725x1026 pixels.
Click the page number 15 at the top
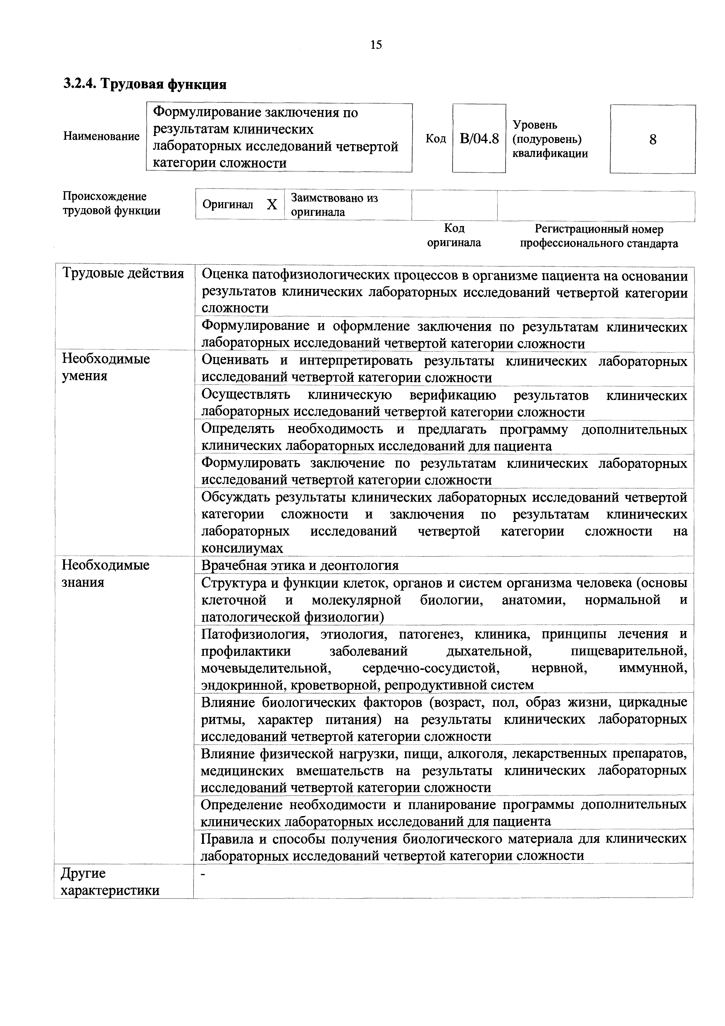376,45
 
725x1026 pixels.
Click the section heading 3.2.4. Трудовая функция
144,84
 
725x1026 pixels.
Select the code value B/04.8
479,139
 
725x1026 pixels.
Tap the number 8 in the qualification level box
652,140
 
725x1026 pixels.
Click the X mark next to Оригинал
272,205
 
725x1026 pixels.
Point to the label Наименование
101,136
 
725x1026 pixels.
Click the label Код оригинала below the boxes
454,235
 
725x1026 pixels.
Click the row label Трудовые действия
123,273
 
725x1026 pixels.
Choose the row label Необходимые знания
106,573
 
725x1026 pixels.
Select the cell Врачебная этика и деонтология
299,565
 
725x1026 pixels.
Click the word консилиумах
242,548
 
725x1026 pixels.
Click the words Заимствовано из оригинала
334,205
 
